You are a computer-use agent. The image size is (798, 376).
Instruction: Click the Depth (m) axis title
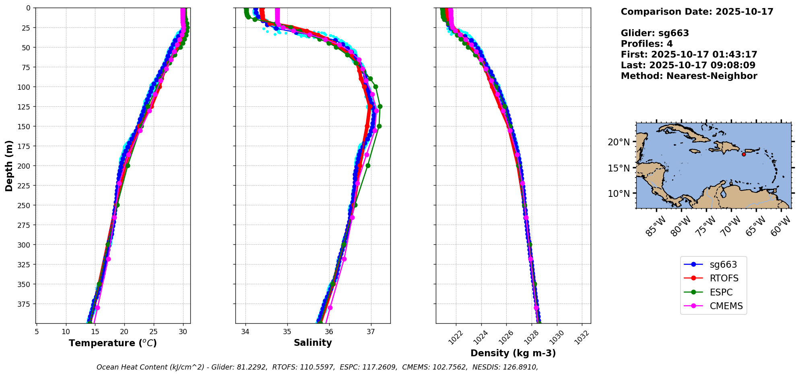tap(9, 165)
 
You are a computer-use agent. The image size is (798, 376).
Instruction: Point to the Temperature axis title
tap(113, 343)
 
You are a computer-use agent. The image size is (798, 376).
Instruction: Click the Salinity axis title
tap(313, 343)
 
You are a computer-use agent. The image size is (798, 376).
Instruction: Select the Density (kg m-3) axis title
tap(513, 353)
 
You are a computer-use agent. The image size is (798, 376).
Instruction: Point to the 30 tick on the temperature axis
tap(183, 332)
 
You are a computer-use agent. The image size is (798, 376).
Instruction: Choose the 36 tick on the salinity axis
tap(329, 332)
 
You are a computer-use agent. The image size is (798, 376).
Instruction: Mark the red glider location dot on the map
tap(744, 154)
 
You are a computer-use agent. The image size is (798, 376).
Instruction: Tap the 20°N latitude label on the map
tap(619, 142)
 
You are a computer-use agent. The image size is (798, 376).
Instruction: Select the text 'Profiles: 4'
tap(647, 44)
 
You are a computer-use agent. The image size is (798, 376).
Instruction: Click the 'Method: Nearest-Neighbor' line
tap(689, 76)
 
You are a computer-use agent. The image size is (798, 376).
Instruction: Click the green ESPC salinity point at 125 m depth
tap(380, 107)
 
